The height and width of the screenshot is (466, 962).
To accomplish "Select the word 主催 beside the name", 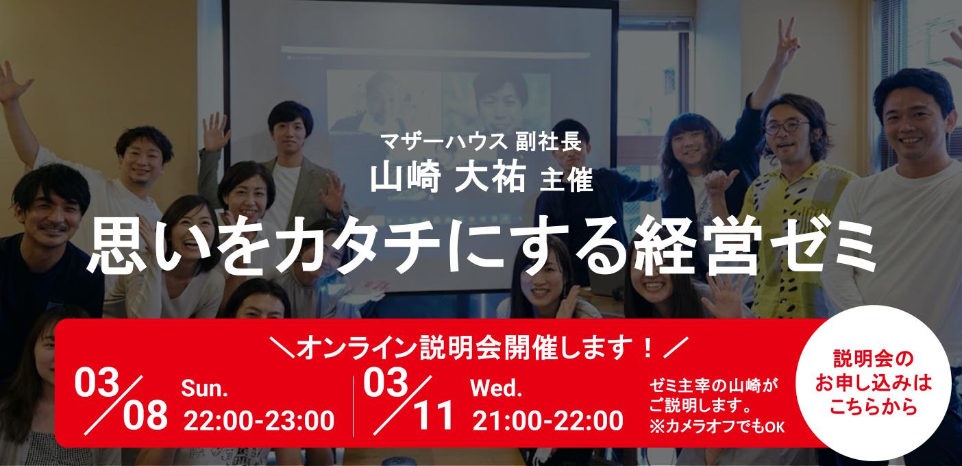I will (x=566, y=180).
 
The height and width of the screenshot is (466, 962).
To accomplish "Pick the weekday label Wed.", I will (x=497, y=389).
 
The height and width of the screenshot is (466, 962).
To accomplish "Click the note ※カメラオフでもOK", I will (x=716, y=427).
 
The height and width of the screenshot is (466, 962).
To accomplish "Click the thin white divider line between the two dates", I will (x=354, y=405).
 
